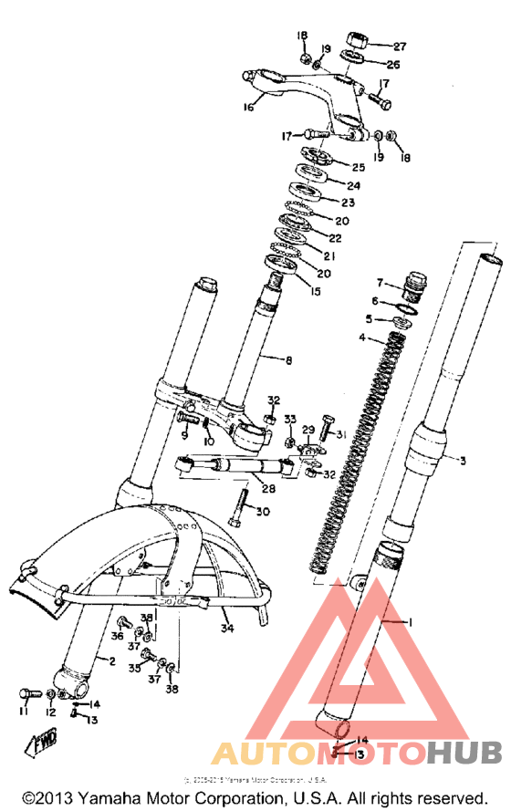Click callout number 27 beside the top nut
(400, 46)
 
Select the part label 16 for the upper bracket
(247, 107)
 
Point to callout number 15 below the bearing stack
(316, 292)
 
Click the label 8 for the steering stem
(288, 361)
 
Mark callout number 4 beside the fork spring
(361, 338)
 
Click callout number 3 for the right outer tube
(462, 462)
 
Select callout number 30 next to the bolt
(262, 513)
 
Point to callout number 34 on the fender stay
(225, 628)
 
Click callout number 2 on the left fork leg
(113, 660)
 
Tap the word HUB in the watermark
(464, 753)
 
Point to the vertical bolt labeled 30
(241, 507)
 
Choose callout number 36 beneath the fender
(117, 635)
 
